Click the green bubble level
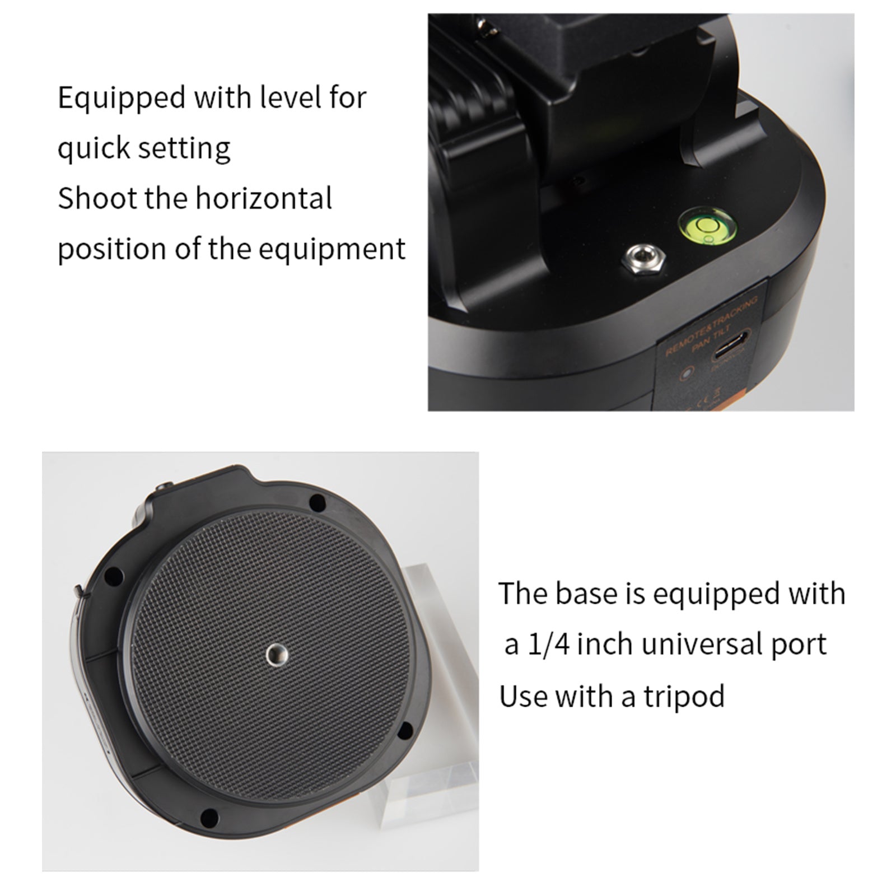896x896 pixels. click(707, 226)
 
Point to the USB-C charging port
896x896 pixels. click(731, 354)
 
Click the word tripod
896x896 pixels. click(684, 697)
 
